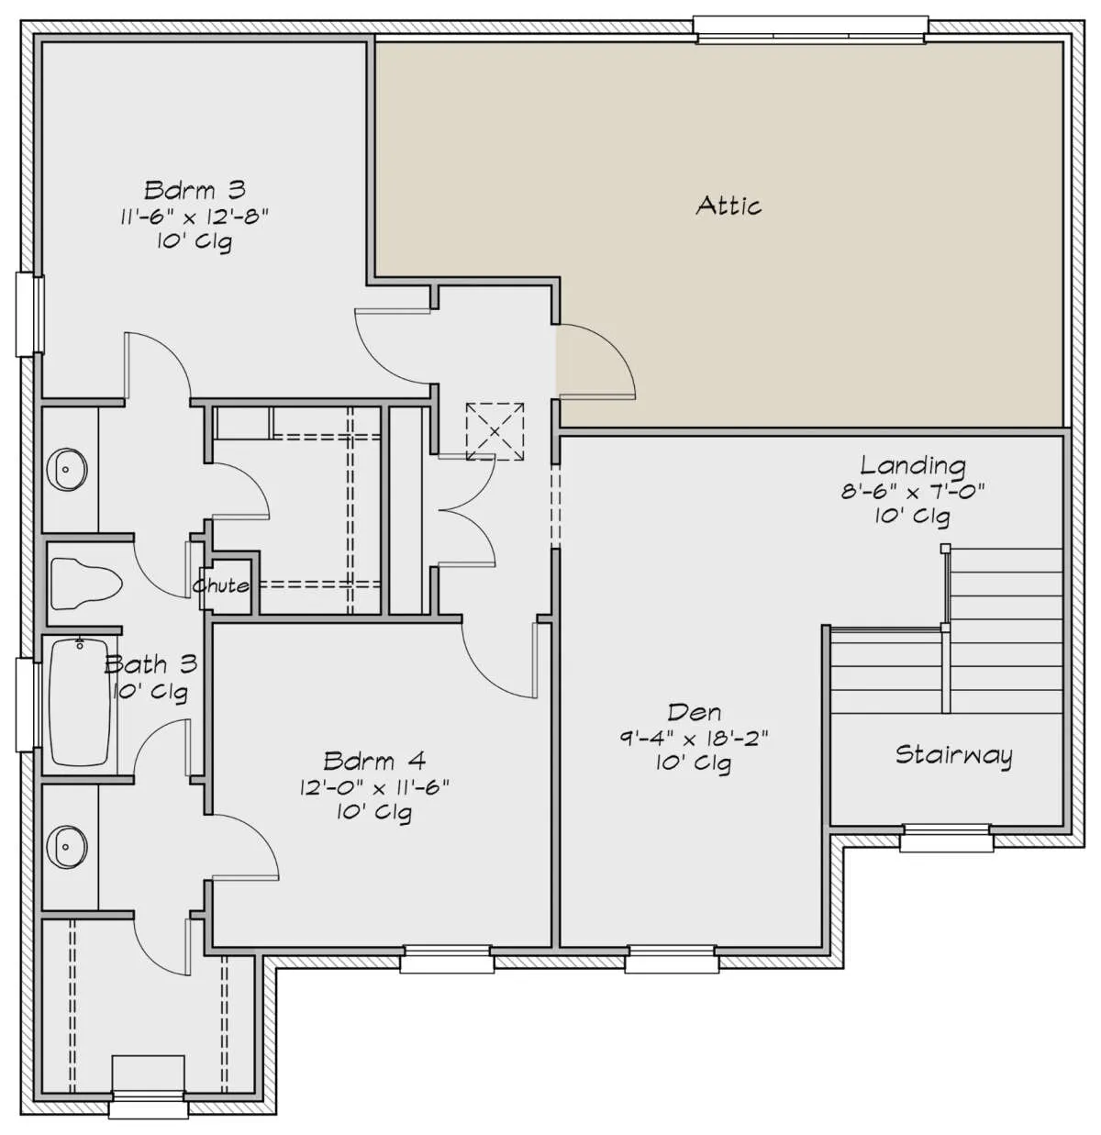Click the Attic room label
click(728, 206)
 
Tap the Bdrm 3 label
click(195, 190)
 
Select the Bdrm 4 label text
click(374, 762)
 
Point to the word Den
click(694, 712)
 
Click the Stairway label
click(954, 755)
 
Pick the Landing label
click(913, 465)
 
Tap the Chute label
click(221, 585)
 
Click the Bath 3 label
click(150, 664)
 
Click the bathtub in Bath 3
click(80, 702)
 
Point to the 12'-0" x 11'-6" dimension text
click(374, 787)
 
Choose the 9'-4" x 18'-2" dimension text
click(694, 739)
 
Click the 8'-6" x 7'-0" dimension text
click(913, 491)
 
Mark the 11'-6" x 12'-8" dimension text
click(195, 217)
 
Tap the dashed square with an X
click(495, 431)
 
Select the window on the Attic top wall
click(810, 30)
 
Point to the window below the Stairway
click(946, 838)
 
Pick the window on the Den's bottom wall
click(672, 959)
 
